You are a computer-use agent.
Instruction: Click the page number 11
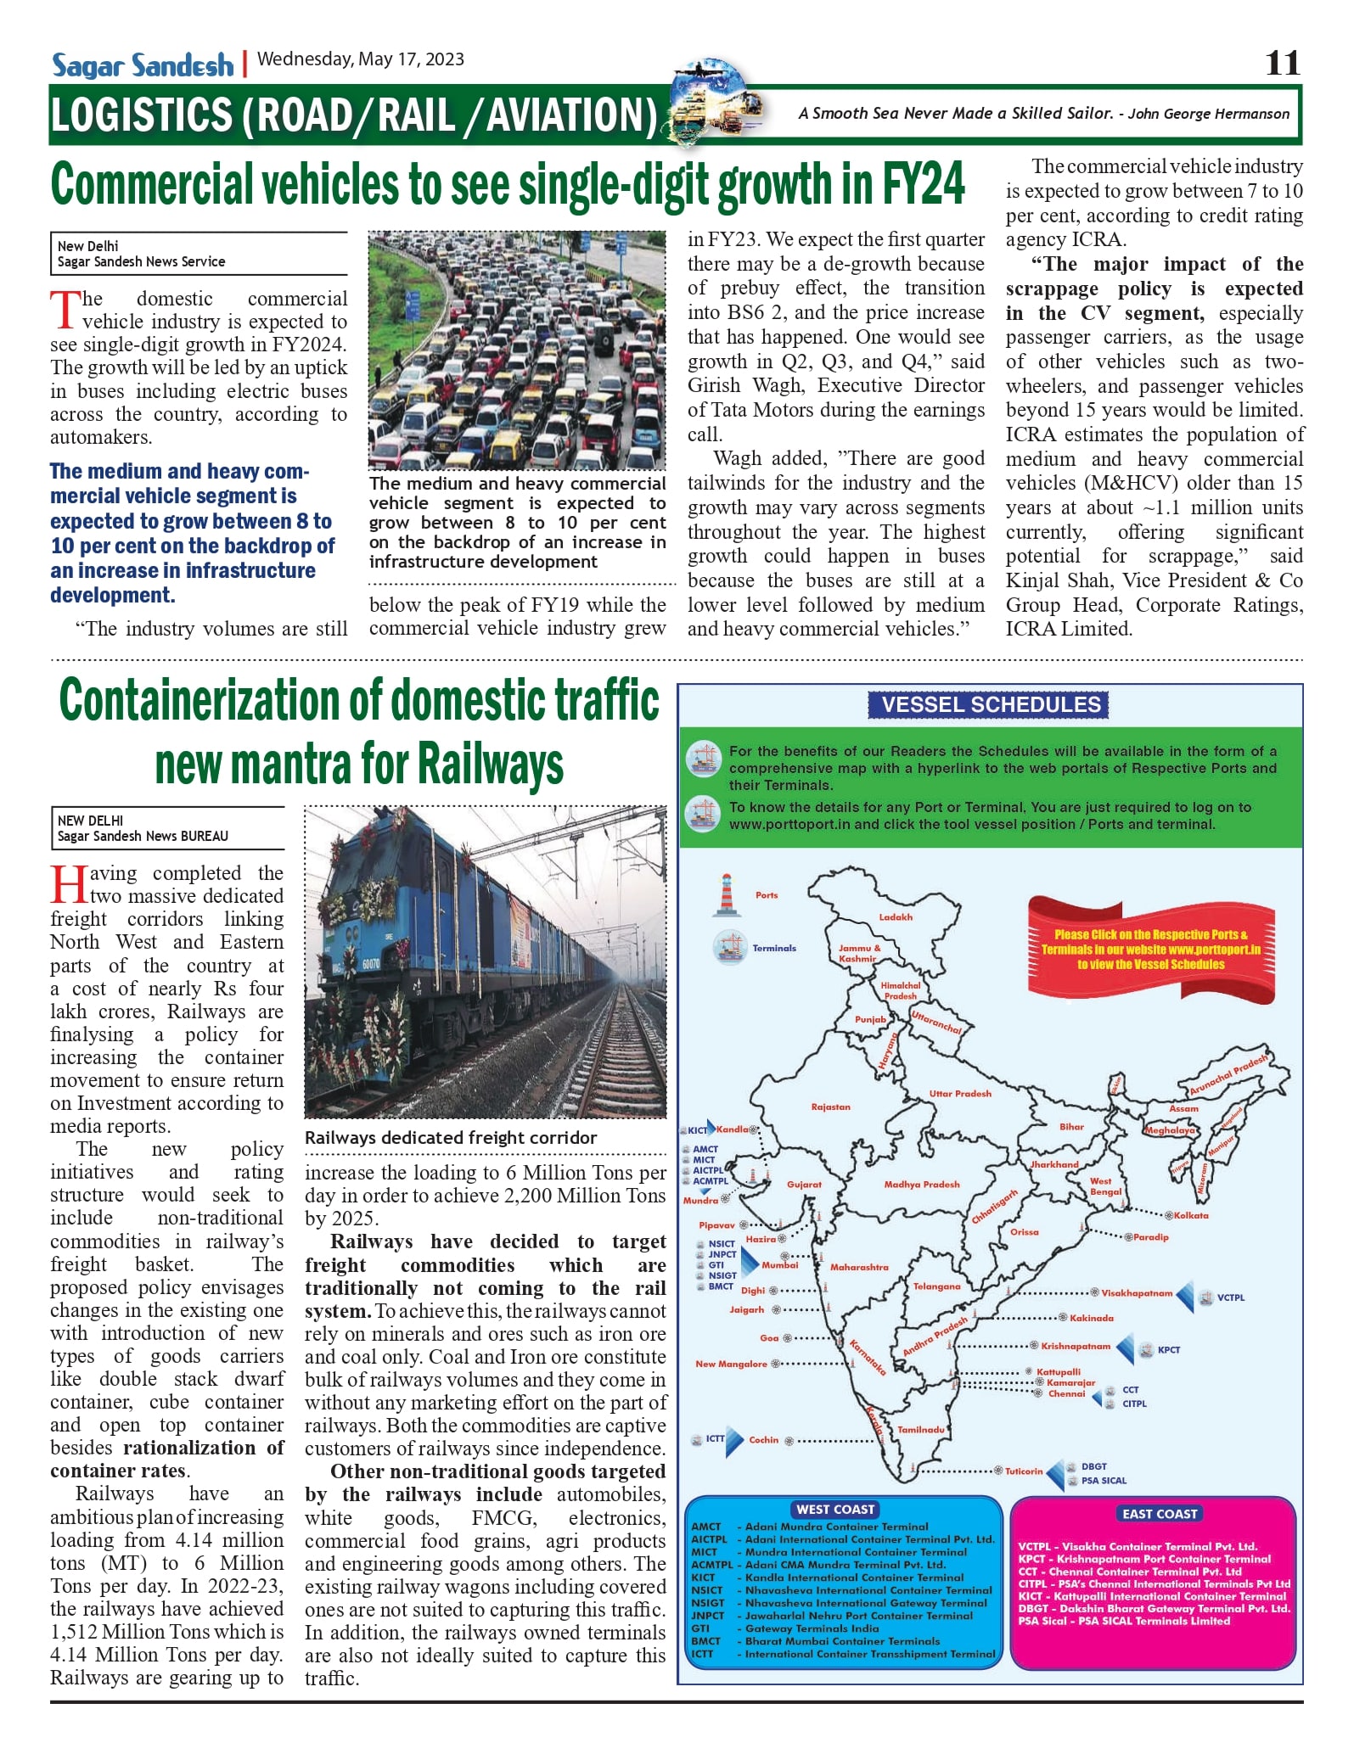click(x=1282, y=64)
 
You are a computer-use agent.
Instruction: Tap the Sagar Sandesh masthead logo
click(x=143, y=65)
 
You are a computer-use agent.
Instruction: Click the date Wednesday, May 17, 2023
click(x=361, y=59)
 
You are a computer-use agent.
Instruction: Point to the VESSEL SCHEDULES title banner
click(x=990, y=705)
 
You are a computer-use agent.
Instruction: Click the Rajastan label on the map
click(x=830, y=1107)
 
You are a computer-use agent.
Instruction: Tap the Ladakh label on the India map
click(x=896, y=917)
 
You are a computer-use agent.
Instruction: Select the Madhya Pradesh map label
click(x=921, y=1185)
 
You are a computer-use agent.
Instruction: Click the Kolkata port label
click(x=1191, y=1216)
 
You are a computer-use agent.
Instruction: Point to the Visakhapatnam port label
click(x=1136, y=1293)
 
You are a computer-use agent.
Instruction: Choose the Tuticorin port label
click(x=1024, y=1471)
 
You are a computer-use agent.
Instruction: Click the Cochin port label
click(x=763, y=1440)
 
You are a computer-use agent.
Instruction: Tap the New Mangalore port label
click(x=731, y=1365)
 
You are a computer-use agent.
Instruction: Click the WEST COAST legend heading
click(x=835, y=1510)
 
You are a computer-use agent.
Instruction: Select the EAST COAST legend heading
click(x=1159, y=1514)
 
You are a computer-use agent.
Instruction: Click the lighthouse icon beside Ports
click(x=726, y=896)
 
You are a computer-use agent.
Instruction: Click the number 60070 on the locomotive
click(x=371, y=965)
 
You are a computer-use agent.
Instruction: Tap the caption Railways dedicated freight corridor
click(x=451, y=1138)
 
